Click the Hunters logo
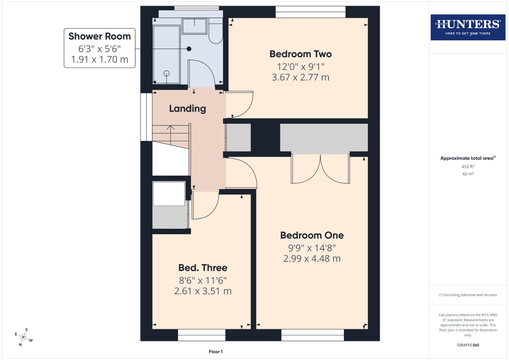click(468, 27)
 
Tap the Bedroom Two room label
click(300, 54)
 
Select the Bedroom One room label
click(312, 235)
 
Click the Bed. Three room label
click(203, 268)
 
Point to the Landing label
click(187, 109)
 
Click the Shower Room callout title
click(99, 36)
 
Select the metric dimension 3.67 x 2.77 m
click(300, 77)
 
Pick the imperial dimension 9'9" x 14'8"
click(312, 248)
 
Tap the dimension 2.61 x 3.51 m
click(203, 291)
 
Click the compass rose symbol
click(24, 337)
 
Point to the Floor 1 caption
click(216, 352)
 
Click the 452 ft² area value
click(468, 167)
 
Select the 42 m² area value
click(468, 174)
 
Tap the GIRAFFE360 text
click(468, 345)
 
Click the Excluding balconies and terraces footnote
click(468, 295)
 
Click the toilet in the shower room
click(216, 33)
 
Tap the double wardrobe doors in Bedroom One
click(320, 169)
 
